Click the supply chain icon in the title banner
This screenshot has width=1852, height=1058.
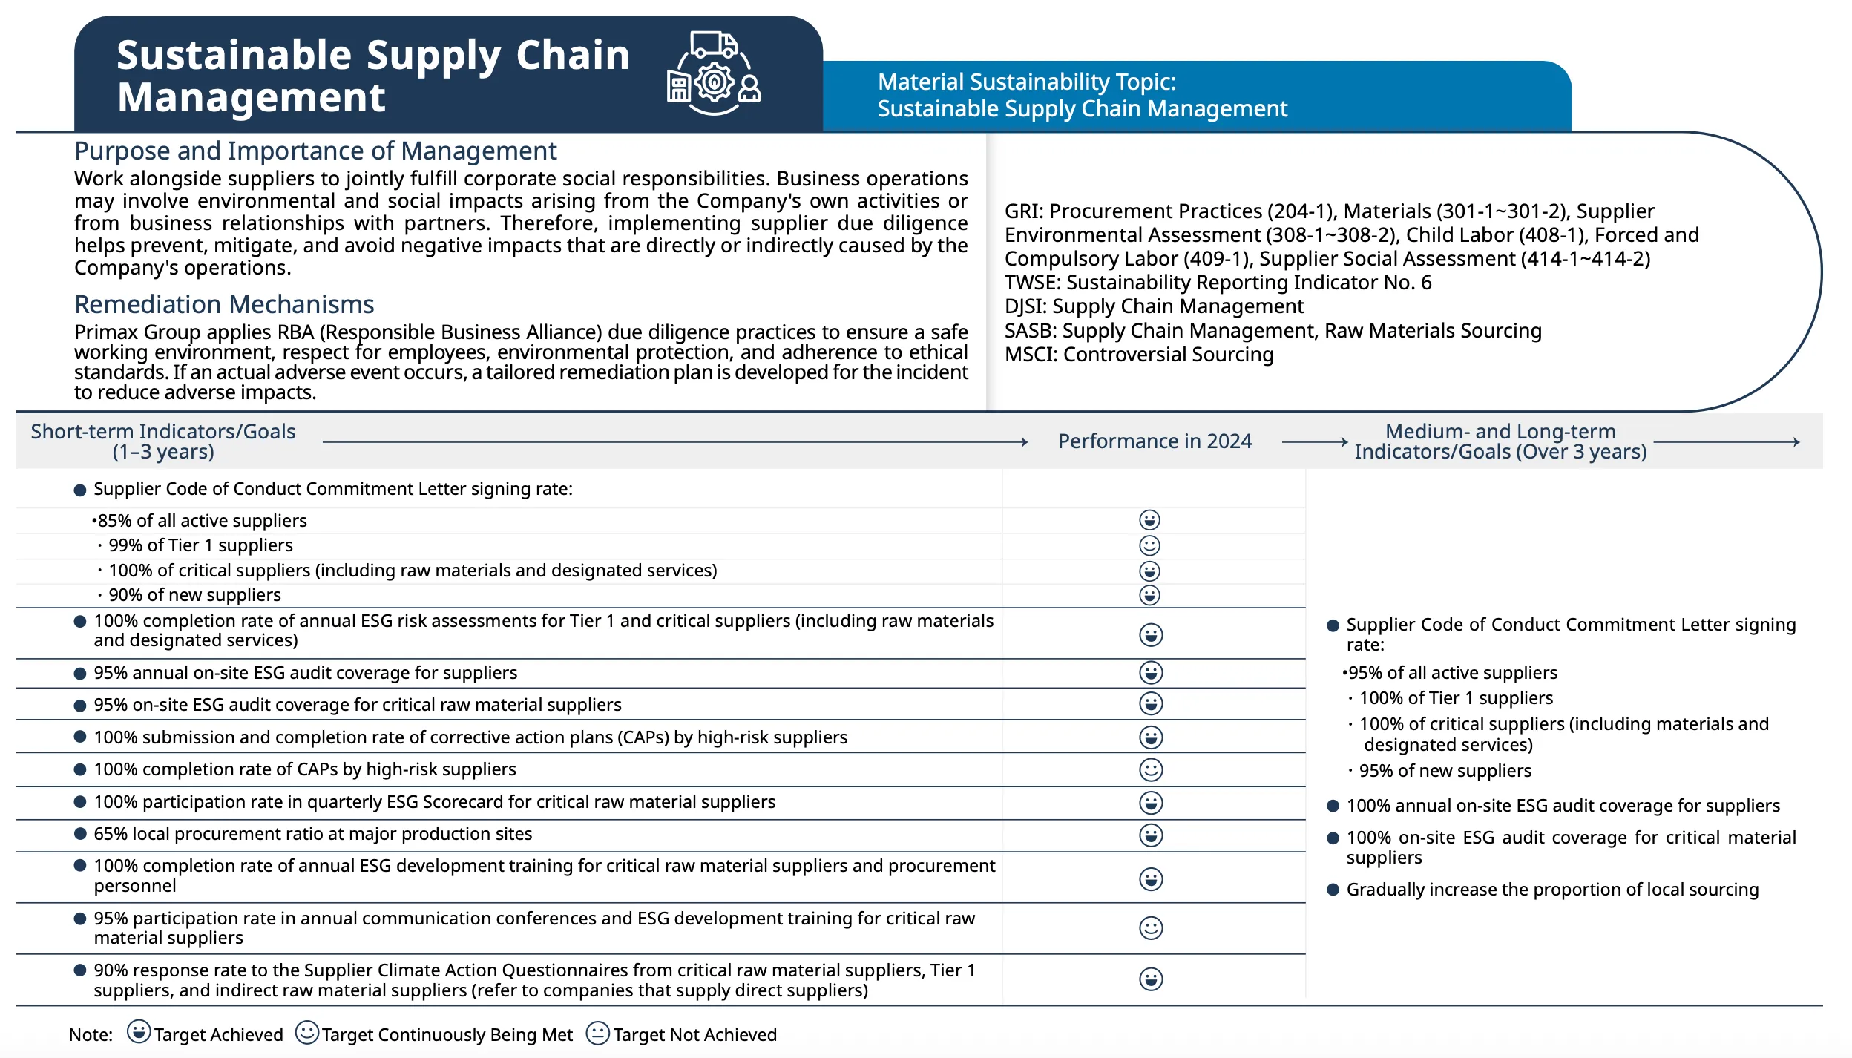coord(714,73)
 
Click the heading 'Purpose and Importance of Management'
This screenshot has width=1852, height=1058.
coord(315,151)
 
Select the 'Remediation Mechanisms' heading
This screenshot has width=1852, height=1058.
coord(224,305)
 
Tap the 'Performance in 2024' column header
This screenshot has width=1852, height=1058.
coord(1155,441)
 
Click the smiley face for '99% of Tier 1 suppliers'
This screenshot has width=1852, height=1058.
coord(1149,546)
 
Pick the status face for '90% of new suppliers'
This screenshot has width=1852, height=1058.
coord(1149,595)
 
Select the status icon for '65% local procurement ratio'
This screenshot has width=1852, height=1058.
coord(1151,835)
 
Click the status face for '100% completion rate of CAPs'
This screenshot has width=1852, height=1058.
coord(1151,770)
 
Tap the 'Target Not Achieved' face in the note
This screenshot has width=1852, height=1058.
coord(597,1034)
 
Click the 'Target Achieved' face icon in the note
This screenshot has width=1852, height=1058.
coord(139,1032)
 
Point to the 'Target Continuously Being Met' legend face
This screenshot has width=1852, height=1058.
coord(307,1033)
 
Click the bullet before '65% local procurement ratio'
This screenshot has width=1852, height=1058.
coord(80,834)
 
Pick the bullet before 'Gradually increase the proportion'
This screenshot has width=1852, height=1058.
coord(1333,890)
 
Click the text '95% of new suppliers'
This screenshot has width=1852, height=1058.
coord(1445,771)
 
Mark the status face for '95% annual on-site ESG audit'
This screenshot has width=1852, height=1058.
coord(1151,673)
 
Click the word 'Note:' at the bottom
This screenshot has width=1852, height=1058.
coord(91,1035)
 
